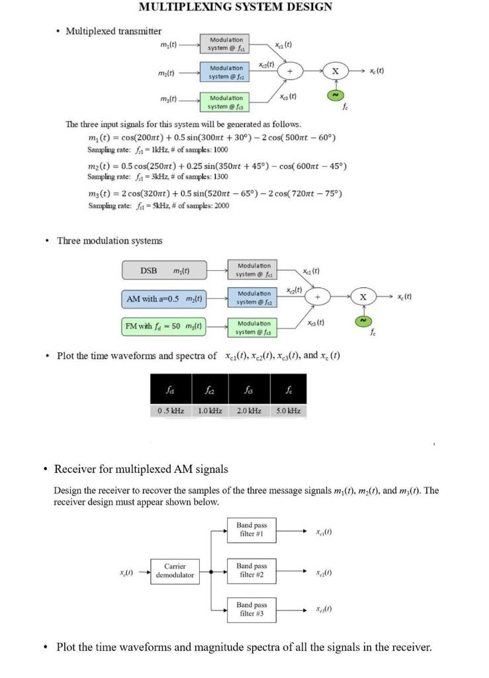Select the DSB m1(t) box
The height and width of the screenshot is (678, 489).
(x=165, y=270)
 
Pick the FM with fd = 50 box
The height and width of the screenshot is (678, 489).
(x=165, y=326)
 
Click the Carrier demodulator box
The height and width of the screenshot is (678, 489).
(x=175, y=571)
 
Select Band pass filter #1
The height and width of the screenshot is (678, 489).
(x=251, y=530)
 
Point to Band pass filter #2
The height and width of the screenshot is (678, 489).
(x=251, y=570)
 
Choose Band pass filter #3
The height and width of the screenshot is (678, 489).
(x=251, y=609)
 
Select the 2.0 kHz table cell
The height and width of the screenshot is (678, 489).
(x=249, y=411)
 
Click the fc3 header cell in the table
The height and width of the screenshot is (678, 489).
(x=249, y=390)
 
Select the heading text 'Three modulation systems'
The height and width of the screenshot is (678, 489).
(x=109, y=240)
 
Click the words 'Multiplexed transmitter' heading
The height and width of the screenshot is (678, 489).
(x=113, y=31)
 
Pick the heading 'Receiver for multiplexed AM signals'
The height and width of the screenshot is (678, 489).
(x=141, y=469)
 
